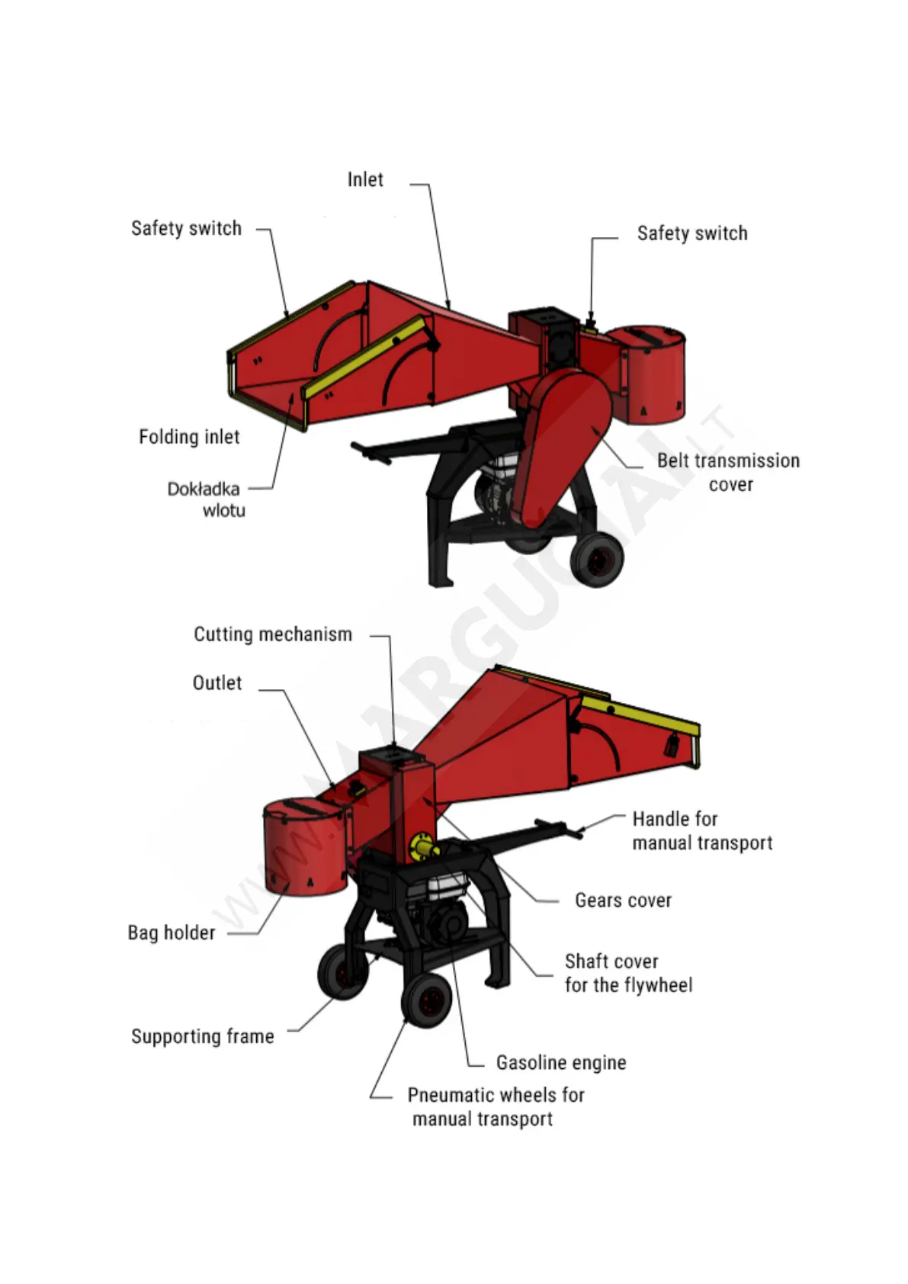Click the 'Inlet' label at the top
coord(365,180)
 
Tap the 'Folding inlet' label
coord(189,437)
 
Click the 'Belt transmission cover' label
coord(728,472)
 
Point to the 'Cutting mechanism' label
coord(273,634)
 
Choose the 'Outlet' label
coord(217,683)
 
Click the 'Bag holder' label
coord(172,933)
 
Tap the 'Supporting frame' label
coord(203,1036)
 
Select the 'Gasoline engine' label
coord(561,1063)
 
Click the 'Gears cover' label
coord(623,900)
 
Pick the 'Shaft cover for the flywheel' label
coord(628,973)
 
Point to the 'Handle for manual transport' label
coord(701,830)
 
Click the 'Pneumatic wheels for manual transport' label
coord(496,1107)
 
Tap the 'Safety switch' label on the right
coord(692,233)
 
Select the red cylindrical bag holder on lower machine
coord(303,846)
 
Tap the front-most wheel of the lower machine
coord(426,1000)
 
